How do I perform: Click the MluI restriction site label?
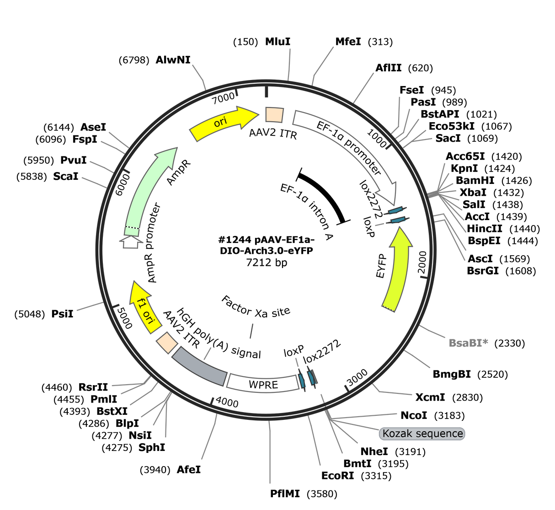tap(277, 42)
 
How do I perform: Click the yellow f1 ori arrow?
tap(144, 307)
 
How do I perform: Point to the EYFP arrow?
tap(397, 270)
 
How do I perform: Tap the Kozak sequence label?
tap(422, 433)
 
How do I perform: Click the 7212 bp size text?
tap(267, 262)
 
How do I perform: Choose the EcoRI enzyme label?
tap(337, 476)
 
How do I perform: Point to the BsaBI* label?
tap(469, 343)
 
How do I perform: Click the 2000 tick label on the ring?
tap(422, 262)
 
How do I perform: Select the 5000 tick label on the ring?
tap(124, 318)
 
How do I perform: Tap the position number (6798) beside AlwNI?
tap(134, 60)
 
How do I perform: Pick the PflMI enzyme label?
tap(285, 494)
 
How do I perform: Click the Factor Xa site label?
tap(256, 307)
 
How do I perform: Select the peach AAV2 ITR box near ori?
tap(274, 115)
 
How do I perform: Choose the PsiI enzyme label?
tap(62, 314)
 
